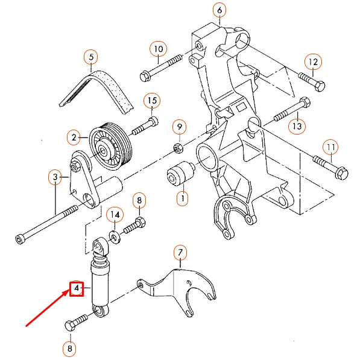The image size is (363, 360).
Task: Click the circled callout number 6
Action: [219, 10]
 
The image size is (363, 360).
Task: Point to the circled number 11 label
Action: [330, 147]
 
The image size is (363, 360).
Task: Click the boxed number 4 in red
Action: [77, 289]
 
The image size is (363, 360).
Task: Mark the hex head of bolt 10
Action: [145, 77]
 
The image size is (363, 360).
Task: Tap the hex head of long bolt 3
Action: [22, 240]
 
